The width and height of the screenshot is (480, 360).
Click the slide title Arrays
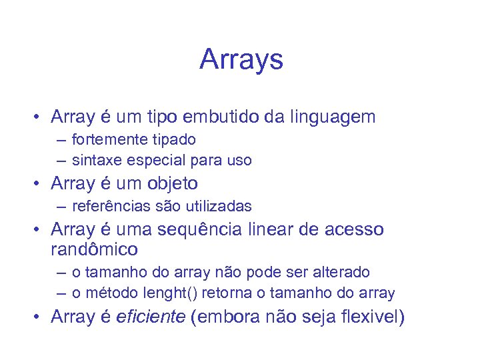241,59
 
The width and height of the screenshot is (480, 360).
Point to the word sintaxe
94,160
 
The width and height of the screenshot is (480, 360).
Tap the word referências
106,207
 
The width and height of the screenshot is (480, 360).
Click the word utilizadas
218,207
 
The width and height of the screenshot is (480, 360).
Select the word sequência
199,230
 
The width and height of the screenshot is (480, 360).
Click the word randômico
94,250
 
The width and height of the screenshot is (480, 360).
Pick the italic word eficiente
150,316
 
